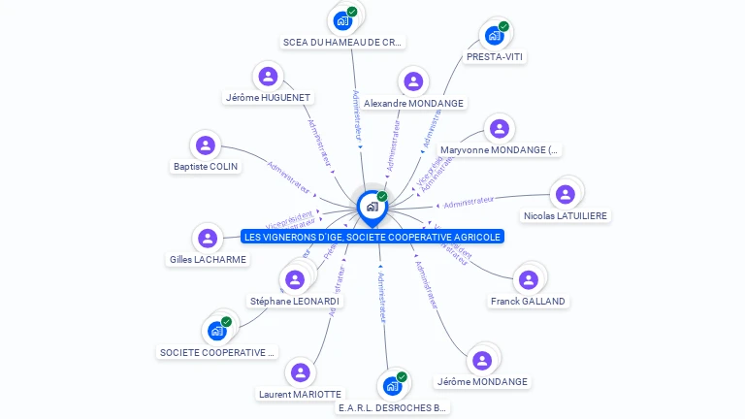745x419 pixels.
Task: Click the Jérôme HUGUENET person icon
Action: point(268,77)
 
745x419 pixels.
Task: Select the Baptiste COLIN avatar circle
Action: point(205,145)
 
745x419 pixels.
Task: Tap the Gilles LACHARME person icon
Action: point(208,239)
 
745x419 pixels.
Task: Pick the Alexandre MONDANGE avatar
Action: point(413,82)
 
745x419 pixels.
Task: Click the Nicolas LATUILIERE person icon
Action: point(566,193)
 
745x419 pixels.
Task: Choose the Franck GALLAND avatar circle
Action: point(528,280)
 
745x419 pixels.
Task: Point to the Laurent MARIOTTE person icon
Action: point(300,373)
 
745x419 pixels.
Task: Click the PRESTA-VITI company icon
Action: point(495,36)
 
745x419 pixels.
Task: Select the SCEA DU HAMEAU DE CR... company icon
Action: point(342,20)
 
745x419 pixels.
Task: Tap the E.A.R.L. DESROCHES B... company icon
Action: point(392,386)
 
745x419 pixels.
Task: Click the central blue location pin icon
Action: point(372,207)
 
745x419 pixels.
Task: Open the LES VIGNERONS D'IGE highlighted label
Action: point(372,237)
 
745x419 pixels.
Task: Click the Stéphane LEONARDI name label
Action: point(294,302)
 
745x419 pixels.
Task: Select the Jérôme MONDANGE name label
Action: point(482,381)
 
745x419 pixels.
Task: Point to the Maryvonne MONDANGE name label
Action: point(500,150)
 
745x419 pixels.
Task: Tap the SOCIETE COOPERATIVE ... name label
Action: point(217,352)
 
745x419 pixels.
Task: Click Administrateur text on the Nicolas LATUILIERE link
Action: point(469,202)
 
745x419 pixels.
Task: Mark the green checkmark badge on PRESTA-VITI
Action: point(503,26)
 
